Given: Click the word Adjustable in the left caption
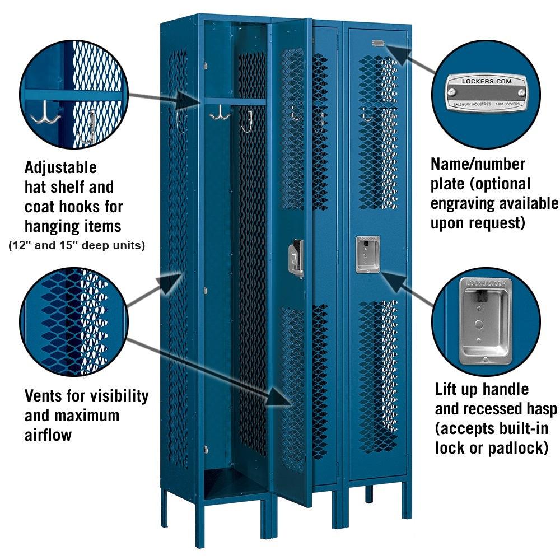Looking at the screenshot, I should pos(60,167).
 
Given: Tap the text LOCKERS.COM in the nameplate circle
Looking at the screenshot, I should pos(486,82).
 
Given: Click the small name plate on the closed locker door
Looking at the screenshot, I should pos(378,43).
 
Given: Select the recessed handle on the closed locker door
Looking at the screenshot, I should pos(368,254).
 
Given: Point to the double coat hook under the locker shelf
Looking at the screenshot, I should pos(220,114).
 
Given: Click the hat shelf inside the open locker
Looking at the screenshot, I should pos(235,102).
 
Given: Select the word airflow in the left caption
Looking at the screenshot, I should pos(48,435).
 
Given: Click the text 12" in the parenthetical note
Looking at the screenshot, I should pos(19,246).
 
